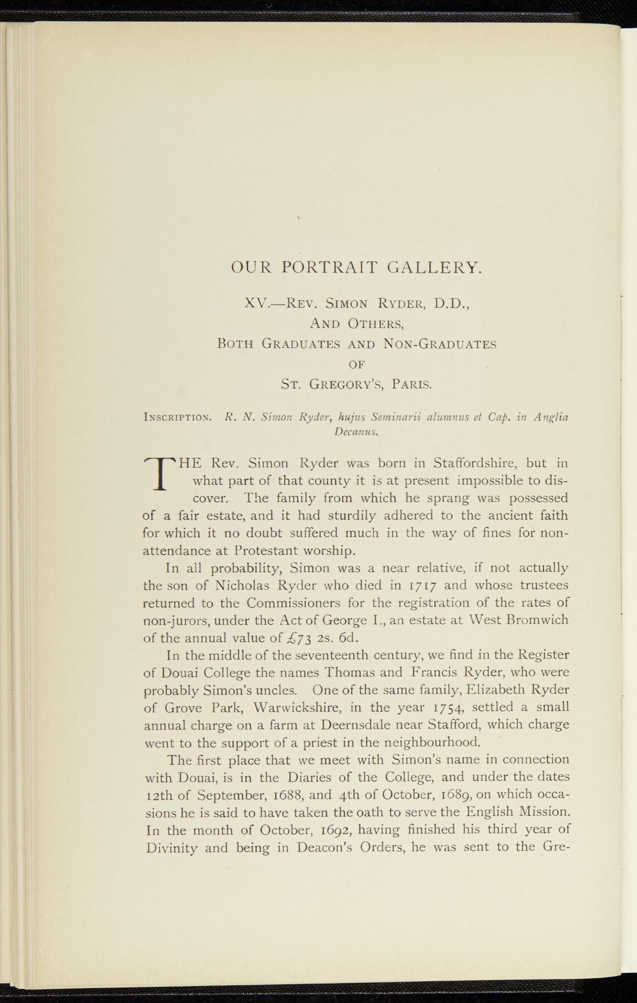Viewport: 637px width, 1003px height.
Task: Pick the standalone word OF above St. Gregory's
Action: tap(357, 364)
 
